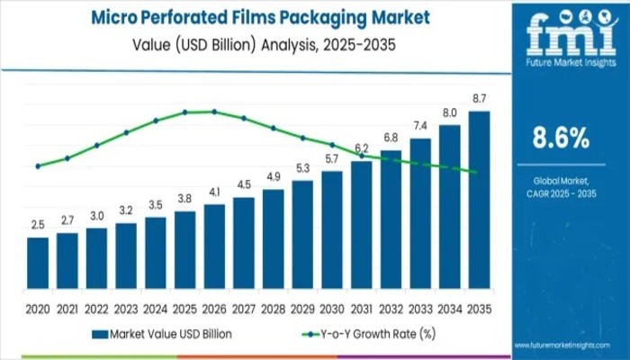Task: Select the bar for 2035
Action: point(479,199)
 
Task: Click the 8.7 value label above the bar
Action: point(479,97)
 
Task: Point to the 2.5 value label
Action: point(37,223)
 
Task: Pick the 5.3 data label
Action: point(302,167)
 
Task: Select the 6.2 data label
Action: point(361,148)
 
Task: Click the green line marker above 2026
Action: point(214,112)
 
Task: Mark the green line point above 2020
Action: point(37,166)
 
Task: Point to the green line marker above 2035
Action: point(474,172)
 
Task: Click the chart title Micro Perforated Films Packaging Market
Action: point(258,17)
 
